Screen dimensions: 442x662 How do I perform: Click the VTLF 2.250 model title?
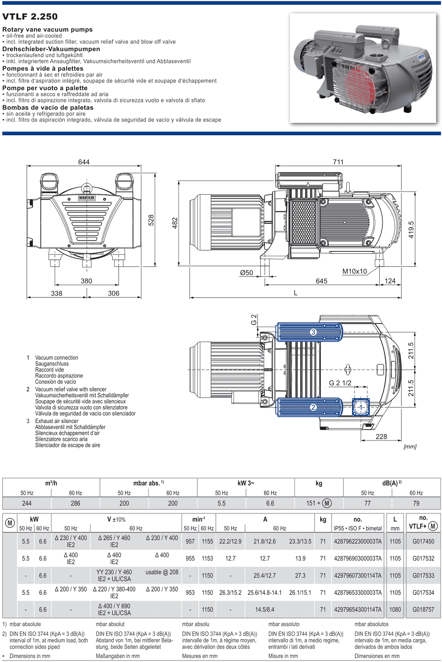click(30, 17)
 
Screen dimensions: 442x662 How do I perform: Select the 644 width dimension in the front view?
click(84, 162)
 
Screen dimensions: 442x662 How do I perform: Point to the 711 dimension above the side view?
click(338, 162)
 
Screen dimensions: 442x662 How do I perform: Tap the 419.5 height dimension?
click(411, 230)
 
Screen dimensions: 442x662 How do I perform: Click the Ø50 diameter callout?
click(246, 272)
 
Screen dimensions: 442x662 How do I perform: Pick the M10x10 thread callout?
click(354, 271)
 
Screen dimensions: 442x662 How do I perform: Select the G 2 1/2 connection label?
click(340, 383)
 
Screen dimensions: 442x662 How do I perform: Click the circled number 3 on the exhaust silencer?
click(313, 332)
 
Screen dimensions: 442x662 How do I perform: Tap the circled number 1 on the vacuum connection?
click(361, 408)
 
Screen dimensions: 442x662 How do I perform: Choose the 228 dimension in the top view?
click(381, 437)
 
